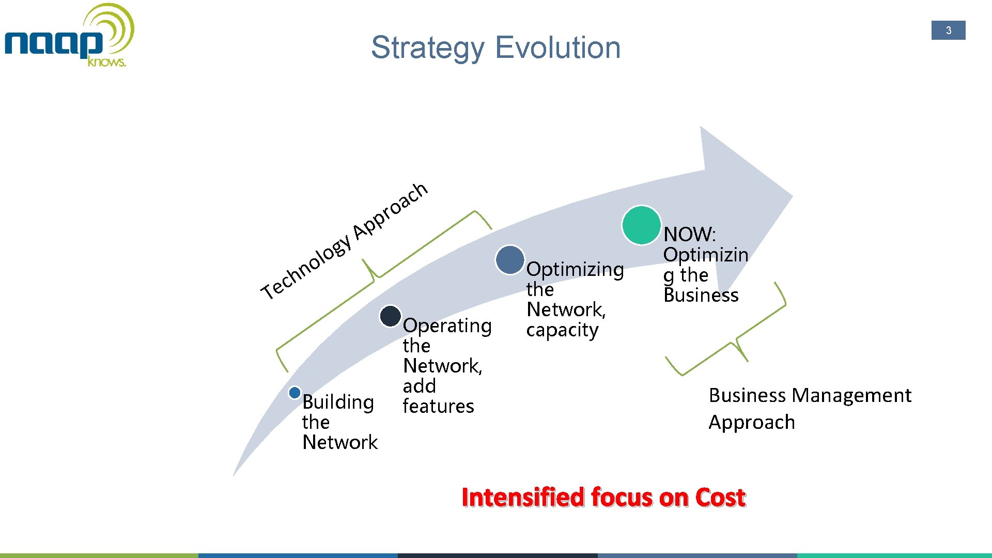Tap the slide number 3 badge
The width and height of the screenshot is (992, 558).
948,30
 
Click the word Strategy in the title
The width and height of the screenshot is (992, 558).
427,48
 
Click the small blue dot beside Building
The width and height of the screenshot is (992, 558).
295,393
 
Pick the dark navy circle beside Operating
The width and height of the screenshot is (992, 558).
391,316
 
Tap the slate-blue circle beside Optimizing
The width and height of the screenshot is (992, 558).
510,260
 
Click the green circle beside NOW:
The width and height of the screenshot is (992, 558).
642,225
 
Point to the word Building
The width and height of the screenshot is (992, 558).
338,402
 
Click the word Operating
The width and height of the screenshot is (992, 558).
447,326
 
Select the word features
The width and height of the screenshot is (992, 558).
438,407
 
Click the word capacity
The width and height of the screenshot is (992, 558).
562,330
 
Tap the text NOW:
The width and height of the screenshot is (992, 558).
689,235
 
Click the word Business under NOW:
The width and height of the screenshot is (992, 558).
701,295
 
